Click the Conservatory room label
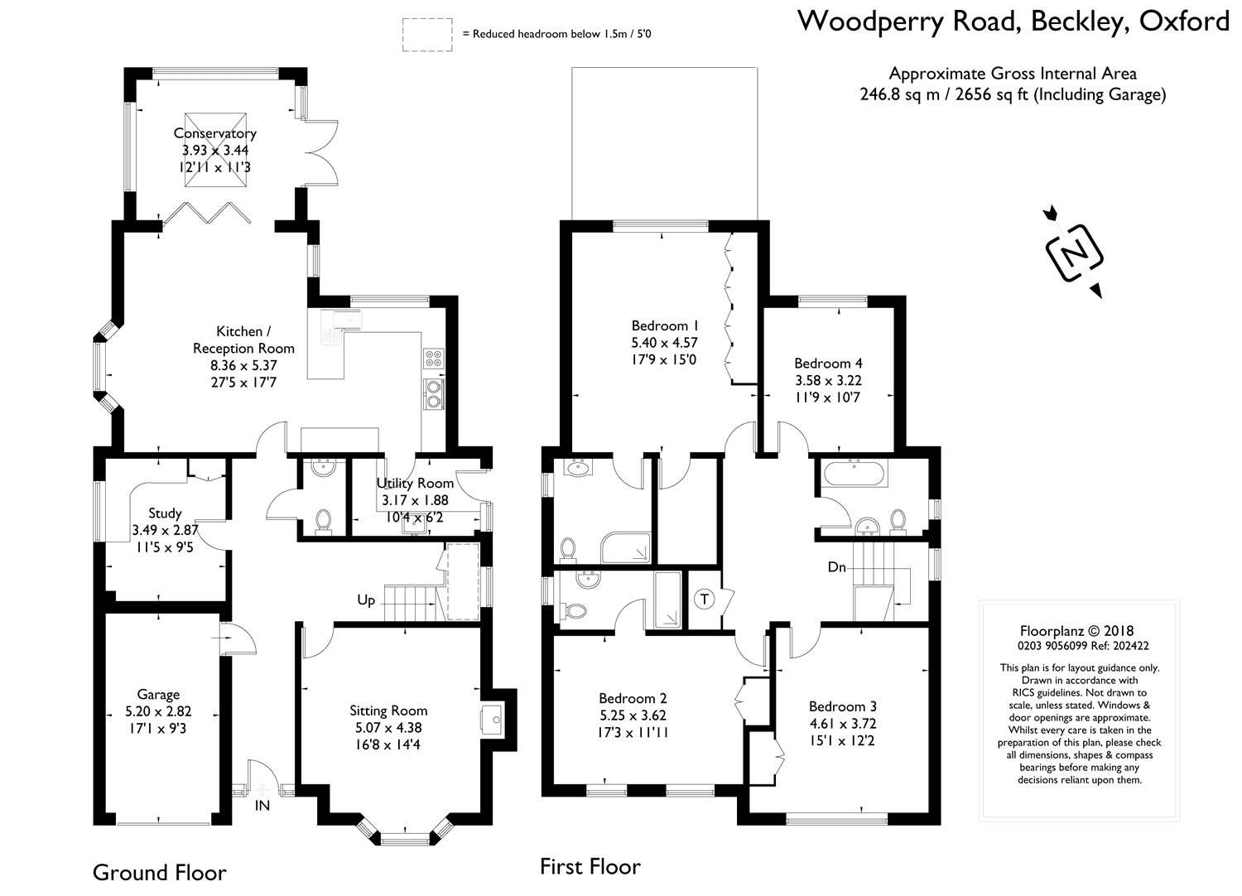tap(215, 133)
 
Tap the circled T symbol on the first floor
tap(704, 599)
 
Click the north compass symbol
tap(1075, 253)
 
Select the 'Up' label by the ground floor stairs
tap(366, 600)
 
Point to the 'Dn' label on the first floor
tap(836, 566)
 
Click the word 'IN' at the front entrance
tap(262, 805)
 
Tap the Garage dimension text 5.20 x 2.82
tap(159, 711)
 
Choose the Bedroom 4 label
tap(828, 364)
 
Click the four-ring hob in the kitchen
tap(434, 359)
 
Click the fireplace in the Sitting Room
tap(491, 720)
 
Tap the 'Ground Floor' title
tap(160, 873)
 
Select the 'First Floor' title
tap(590, 867)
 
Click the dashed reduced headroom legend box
tap(427, 35)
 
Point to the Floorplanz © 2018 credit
tap(1076, 630)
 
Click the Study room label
tap(165, 513)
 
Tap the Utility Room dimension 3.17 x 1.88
tap(416, 500)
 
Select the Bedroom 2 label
tap(633, 698)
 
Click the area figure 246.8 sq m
tap(900, 94)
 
